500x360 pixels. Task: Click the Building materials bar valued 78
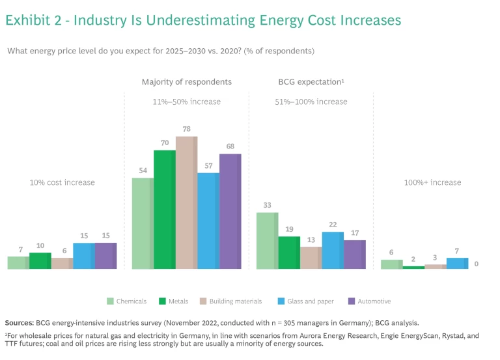(186, 202)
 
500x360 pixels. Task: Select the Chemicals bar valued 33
(267, 240)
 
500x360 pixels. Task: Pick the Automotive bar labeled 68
(230, 212)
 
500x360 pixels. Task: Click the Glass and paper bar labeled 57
(208, 221)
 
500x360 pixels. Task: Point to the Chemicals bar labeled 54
(143, 223)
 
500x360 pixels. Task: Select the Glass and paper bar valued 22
(333, 250)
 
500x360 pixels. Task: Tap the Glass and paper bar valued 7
(457, 263)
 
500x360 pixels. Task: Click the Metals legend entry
(174, 301)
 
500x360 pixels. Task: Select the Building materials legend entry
(230, 301)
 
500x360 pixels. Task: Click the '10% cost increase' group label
(62, 182)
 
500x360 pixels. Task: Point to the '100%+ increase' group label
(432, 182)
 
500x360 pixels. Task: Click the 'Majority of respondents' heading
(186, 82)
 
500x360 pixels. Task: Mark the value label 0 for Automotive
(477, 264)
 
